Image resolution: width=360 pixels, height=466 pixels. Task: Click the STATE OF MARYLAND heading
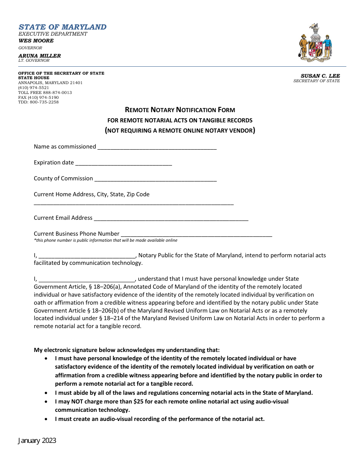pyautogui.click(x=63, y=27)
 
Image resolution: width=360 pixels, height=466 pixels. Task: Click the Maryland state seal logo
pyautogui.click(x=315, y=42)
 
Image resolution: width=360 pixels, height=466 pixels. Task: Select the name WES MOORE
pyautogui.click(x=36, y=41)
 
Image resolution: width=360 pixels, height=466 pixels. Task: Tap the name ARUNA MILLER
pyautogui.click(x=39, y=56)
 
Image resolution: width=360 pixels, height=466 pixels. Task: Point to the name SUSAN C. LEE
pyautogui.click(x=320, y=76)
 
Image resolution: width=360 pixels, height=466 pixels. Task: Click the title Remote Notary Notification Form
pyautogui.click(x=180, y=110)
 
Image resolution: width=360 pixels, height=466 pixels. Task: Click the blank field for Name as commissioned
pyautogui.click(x=157, y=147)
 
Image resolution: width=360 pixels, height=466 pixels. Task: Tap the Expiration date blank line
pyautogui.click(x=124, y=163)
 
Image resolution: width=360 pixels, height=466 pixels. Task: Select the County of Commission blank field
pyautogui.click(x=155, y=179)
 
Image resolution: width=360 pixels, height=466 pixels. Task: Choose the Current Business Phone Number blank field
pyautogui.click(x=196, y=234)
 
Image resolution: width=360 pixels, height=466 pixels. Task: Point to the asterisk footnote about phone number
pyautogui.click(x=105, y=240)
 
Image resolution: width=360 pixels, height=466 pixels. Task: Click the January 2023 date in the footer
pyautogui.click(x=37, y=441)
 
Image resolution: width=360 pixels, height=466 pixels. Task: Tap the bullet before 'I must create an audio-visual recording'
pyautogui.click(x=46, y=419)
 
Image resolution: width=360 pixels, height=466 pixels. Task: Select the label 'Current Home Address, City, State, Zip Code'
pyautogui.click(x=92, y=194)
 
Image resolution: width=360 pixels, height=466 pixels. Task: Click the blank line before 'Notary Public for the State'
pyautogui.click(x=87, y=256)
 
